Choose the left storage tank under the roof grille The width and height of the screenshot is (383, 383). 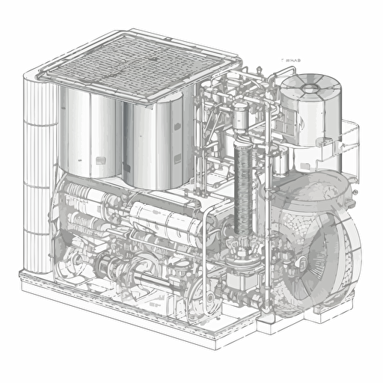[91, 135]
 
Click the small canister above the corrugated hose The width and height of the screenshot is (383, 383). [240, 116]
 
